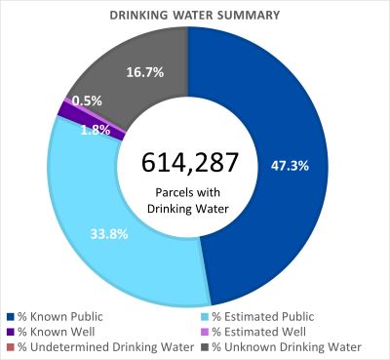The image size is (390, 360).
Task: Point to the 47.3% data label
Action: (289, 165)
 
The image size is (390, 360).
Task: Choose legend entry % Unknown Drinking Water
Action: (287, 347)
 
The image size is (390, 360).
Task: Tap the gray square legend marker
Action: (206, 347)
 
